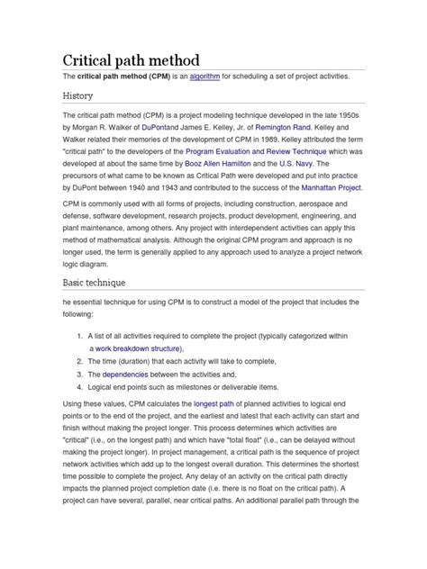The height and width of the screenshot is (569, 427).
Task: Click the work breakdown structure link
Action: (x=139, y=348)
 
